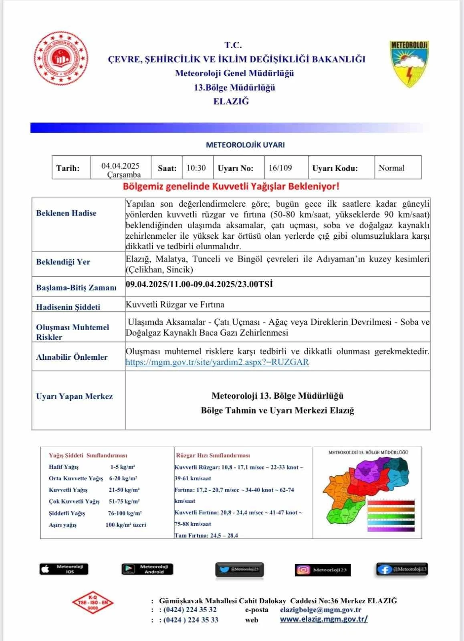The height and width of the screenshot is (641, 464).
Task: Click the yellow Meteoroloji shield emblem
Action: click(x=409, y=63)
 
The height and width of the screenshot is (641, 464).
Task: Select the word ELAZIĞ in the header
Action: click(x=231, y=101)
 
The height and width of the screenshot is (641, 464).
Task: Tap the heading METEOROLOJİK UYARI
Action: click(x=245, y=145)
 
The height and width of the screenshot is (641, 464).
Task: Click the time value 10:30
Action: click(x=196, y=168)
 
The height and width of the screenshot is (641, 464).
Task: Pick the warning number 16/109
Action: click(x=280, y=168)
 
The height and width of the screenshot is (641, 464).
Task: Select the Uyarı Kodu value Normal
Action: click(x=391, y=168)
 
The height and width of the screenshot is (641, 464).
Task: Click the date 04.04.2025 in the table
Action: click(x=120, y=166)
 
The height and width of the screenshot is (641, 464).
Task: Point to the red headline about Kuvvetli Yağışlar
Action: click(x=231, y=186)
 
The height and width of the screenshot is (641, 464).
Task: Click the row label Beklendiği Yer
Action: click(x=63, y=262)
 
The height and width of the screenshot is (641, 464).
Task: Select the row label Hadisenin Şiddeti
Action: click(x=68, y=307)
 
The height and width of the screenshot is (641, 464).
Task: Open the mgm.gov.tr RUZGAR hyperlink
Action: click(x=217, y=362)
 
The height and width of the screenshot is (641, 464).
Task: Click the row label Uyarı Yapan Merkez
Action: click(x=75, y=397)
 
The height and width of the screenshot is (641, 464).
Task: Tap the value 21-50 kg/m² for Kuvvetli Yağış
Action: click(x=124, y=490)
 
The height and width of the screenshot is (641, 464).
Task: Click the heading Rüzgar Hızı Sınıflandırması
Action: click(x=213, y=456)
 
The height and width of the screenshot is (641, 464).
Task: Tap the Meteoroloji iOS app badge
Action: click(x=64, y=569)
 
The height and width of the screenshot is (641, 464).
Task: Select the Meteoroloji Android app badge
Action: click(x=147, y=569)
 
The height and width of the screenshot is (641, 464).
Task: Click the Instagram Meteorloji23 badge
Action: click(x=323, y=570)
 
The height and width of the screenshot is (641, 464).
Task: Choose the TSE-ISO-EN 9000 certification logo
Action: click(x=93, y=603)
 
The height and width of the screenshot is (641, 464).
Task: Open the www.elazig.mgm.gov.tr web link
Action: click(x=324, y=619)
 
